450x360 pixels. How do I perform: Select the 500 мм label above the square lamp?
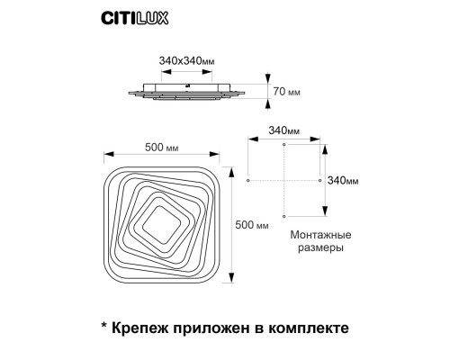tap(160, 148)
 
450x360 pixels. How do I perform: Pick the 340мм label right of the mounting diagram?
tap(343, 180)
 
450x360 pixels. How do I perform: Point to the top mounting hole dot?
tap(283, 144)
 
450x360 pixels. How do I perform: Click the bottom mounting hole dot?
tap(283, 216)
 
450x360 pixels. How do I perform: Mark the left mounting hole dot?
tap(247, 180)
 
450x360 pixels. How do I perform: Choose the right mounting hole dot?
tap(319, 180)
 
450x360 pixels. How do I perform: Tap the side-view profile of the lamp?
tap(189, 92)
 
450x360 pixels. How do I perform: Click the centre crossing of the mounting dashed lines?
tap(283, 180)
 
